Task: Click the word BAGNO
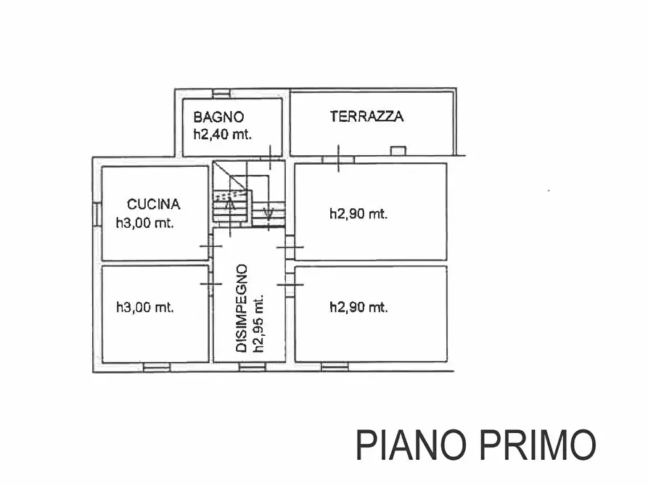218,117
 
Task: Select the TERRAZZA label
366,116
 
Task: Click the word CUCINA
153,205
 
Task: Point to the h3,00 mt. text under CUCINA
145,223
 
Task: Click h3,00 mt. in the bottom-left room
145,308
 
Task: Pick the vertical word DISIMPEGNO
242,308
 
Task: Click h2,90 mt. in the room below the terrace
358,214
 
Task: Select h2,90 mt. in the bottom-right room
358,308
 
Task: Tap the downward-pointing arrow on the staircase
268,213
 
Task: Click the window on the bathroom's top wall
221,92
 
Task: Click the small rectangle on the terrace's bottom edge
398,151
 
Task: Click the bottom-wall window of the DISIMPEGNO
250,368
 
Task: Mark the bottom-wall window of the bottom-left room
156,368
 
